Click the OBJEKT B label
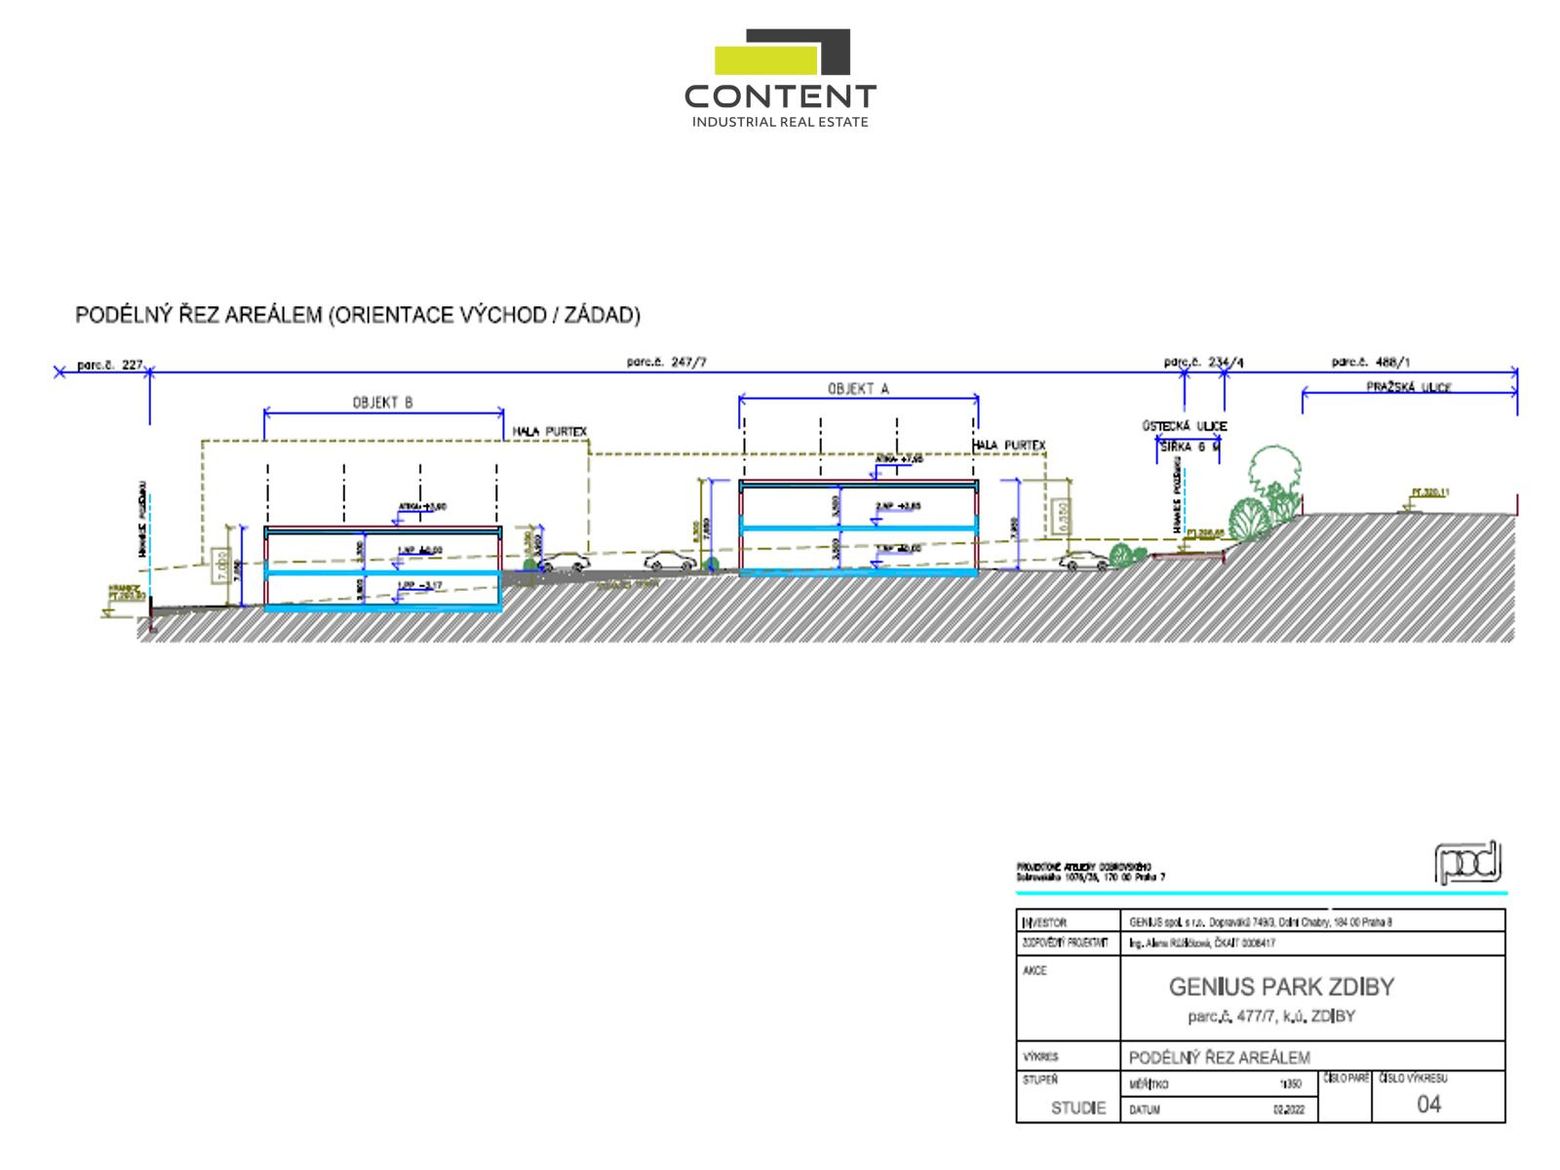(x=382, y=402)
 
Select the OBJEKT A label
(x=858, y=388)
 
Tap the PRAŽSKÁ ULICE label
(x=1409, y=387)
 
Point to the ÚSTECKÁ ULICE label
(x=1184, y=426)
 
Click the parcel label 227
(x=111, y=366)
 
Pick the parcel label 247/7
(x=667, y=363)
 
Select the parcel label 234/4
(x=1203, y=363)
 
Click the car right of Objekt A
(x=1084, y=561)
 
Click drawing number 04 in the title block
(x=1428, y=1104)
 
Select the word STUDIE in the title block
(x=1078, y=1108)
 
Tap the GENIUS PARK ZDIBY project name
(x=1281, y=987)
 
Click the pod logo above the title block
(x=1467, y=864)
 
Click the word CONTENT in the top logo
(x=780, y=97)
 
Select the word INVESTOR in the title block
(x=1044, y=922)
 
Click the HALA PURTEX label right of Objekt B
(x=550, y=431)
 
